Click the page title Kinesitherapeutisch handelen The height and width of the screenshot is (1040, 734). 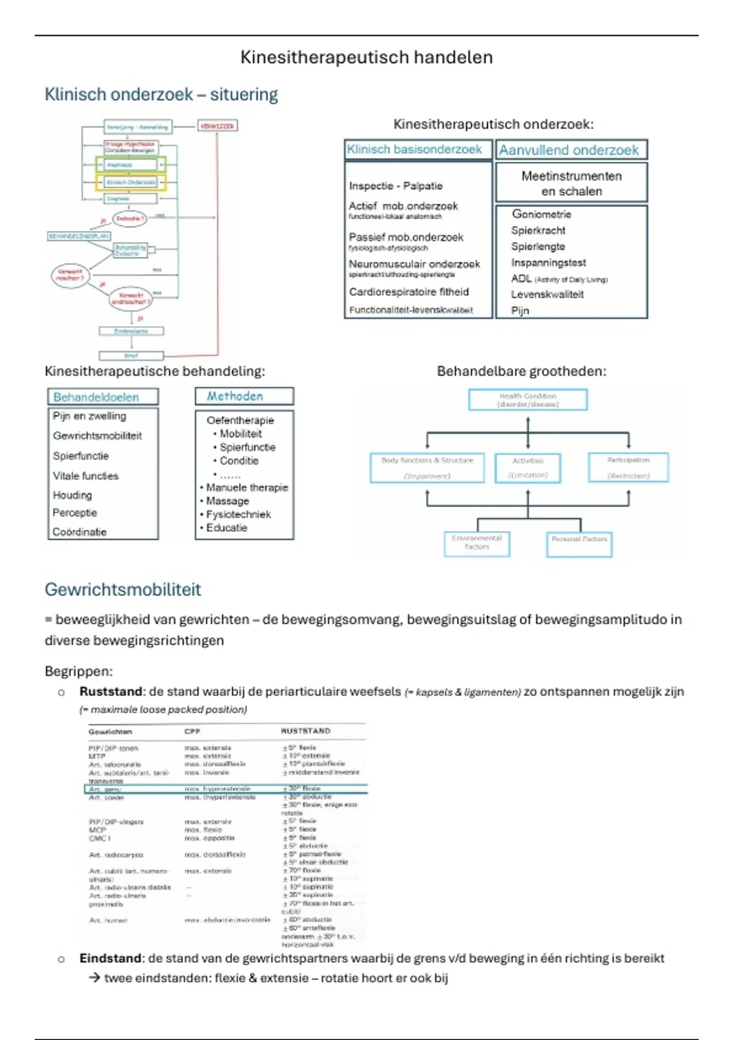(x=366, y=58)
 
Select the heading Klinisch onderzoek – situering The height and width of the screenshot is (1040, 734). (x=161, y=95)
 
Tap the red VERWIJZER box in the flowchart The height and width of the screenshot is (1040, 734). (x=217, y=127)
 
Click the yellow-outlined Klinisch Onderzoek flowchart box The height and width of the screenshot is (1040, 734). (x=131, y=182)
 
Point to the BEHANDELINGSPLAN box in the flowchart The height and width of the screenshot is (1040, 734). (x=79, y=236)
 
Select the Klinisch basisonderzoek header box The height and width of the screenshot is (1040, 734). (x=415, y=150)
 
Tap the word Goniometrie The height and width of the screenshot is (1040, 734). (x=541, y=214)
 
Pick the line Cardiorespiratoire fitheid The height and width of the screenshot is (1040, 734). (x=409, y=292)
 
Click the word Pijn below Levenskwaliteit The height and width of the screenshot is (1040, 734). (x=520, y=311)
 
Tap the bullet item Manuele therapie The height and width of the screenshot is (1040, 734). (x=247, y=488)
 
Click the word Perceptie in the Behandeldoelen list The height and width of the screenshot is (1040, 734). (x=75, y=513)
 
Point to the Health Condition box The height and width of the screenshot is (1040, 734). (x=528, y=400)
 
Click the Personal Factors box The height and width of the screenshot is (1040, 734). (x=579, y=544)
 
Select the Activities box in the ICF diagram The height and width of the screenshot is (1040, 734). (x=528, y=468)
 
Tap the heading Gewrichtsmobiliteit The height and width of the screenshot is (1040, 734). (x=123, y=590)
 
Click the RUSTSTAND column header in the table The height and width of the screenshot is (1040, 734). (x=305, y=731)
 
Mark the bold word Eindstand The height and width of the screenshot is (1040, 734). (x=112, y=959)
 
